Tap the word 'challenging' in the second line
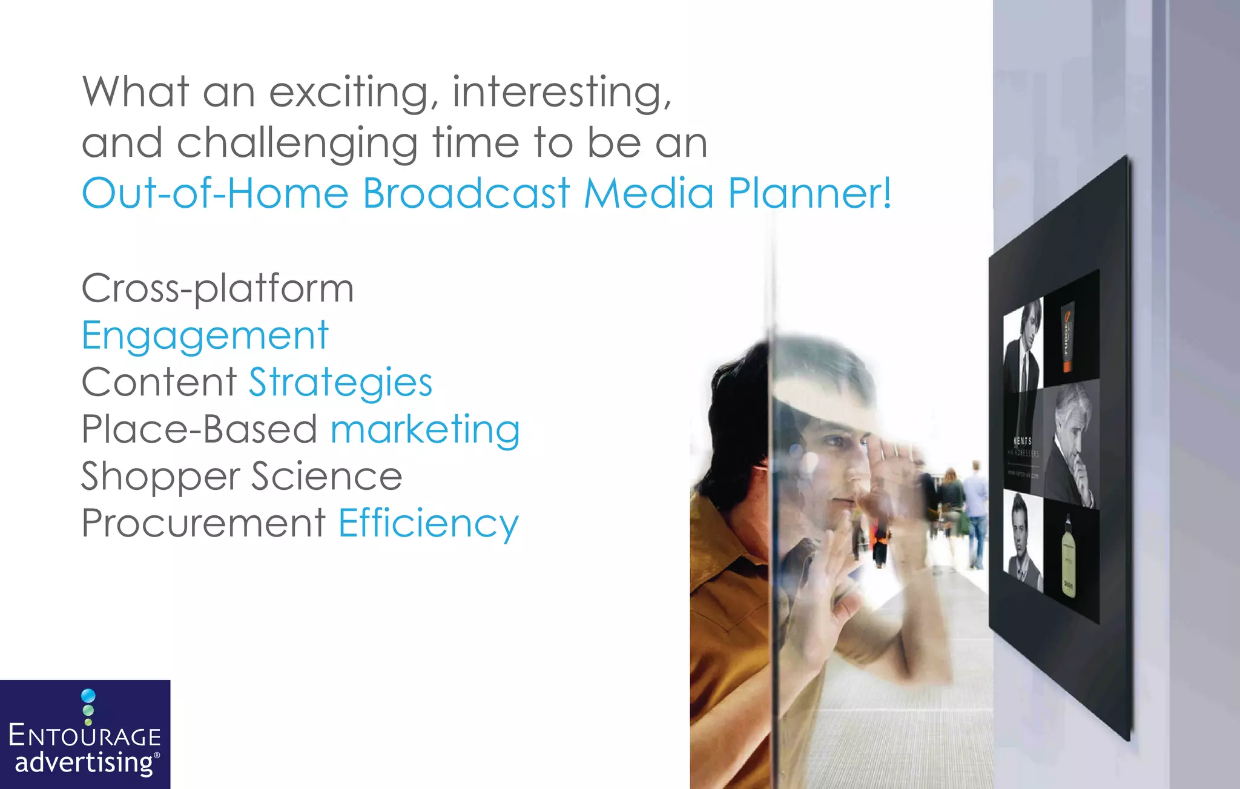(297, 144)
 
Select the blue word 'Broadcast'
(466, 194)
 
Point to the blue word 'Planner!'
(810, 194)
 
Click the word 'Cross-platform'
(217, 288)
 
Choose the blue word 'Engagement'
(205, 335)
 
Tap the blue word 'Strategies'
(341, 383)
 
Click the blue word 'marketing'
(425, 430)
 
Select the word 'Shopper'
(160, 477)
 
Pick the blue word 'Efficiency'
(428, 524)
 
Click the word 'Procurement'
(203, 524)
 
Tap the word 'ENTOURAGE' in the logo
(85, 737)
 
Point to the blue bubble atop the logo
(88, 696)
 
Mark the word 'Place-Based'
(199, 430)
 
